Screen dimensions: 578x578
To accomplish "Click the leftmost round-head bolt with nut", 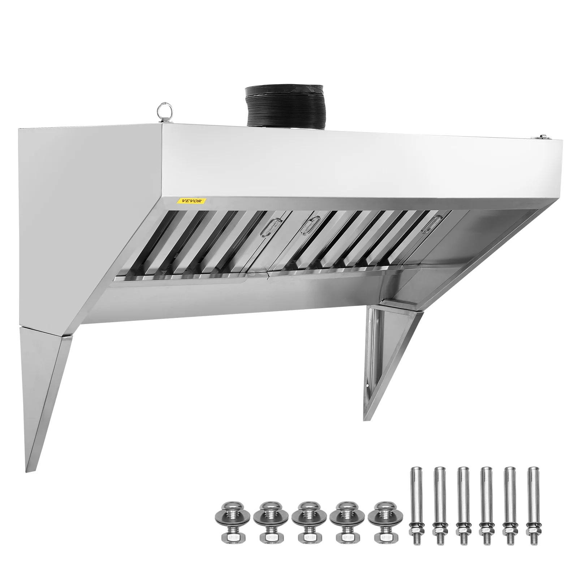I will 225,521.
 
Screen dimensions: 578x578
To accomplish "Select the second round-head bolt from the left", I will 264,521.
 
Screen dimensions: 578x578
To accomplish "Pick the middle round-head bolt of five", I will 302,521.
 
